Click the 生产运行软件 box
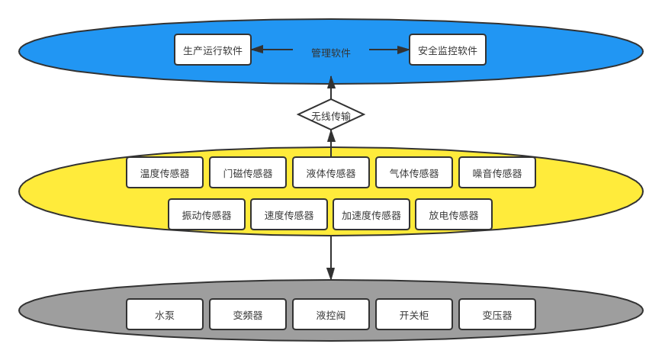[x=213, y=50]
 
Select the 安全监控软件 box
[x=448, y=50]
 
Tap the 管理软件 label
[x=331, y=53]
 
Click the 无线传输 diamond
[x=331, y=115]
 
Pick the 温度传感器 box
[x=165, y=172]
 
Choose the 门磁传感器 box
[x=248, y=172]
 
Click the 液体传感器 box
[x=331, y=172]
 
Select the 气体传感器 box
[x=414, y=172]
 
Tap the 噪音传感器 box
[x=497, y=172]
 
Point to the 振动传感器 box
[x=207, y=214]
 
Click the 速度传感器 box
[x=289, y=214]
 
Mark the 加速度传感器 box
[x=371, y=214]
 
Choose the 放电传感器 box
[x=454, y=214]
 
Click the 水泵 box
[x=165, y=314]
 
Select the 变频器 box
[x=248, y=314]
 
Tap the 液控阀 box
[x=331, y=314]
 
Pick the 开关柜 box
[x=414, y=314]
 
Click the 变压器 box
[x=497, y=314]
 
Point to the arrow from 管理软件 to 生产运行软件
[x=272, y=50]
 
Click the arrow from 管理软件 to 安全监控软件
[x=389, y=50]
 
